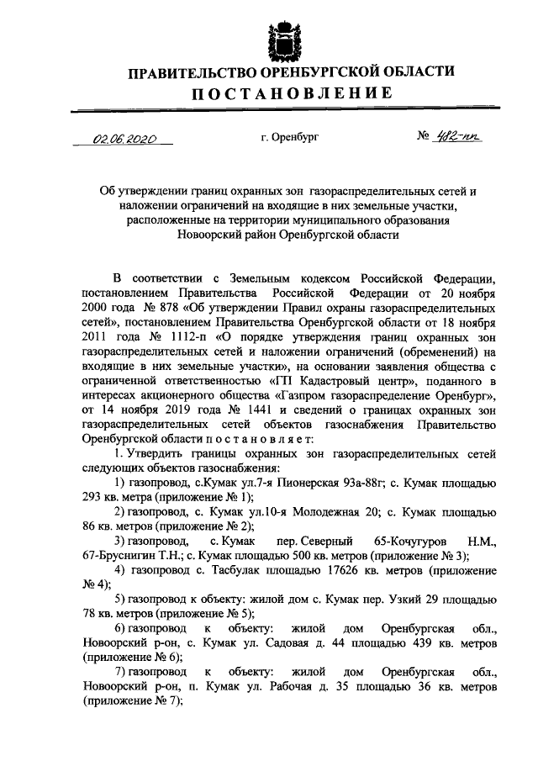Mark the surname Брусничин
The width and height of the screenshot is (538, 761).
[129, 554]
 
